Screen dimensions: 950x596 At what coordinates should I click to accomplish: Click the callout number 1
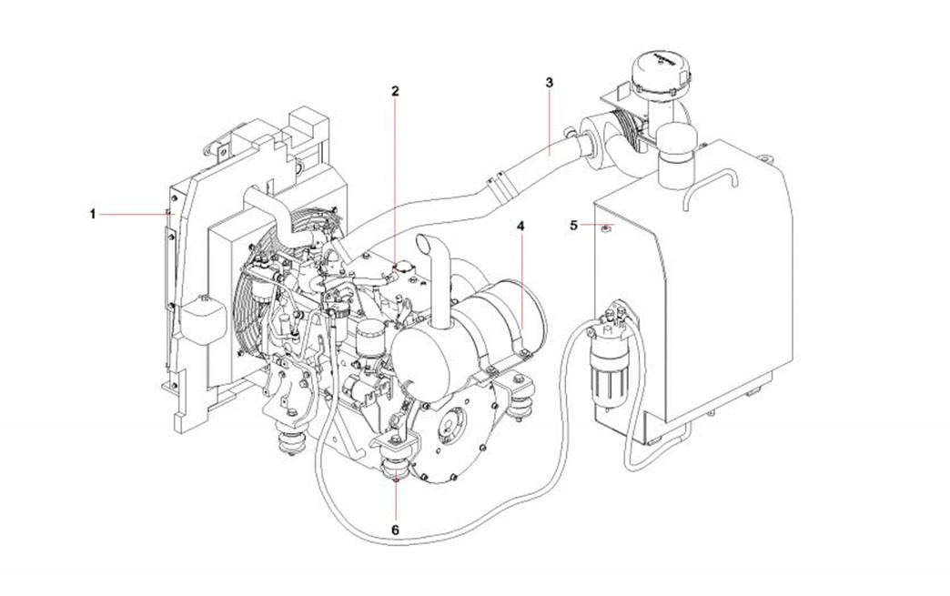[93, 215]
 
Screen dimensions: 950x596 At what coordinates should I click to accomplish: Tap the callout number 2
[395, 92]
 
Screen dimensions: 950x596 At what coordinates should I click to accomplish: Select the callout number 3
[550, 83]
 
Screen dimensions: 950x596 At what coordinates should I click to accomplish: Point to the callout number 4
[520, 226]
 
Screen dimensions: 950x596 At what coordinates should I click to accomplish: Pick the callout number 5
[574, 226]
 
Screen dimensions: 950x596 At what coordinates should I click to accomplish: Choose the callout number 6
[395, 530]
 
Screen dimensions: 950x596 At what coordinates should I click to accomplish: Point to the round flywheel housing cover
[451, 431]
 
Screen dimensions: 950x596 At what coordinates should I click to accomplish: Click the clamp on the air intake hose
[498, 187]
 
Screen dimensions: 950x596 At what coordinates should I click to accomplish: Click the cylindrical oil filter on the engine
[369, 339]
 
